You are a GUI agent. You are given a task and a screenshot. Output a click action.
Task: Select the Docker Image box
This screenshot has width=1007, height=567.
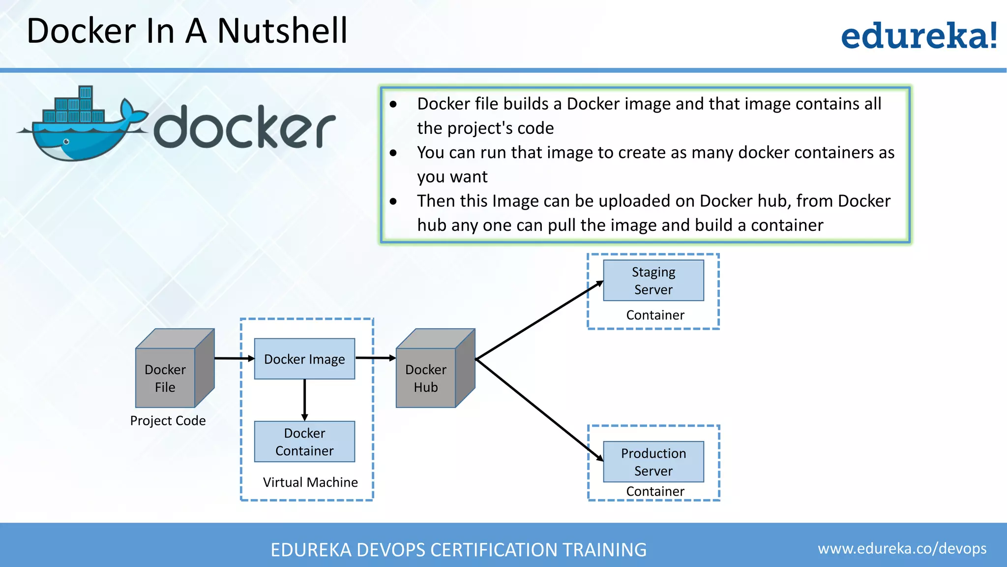coord(304,359)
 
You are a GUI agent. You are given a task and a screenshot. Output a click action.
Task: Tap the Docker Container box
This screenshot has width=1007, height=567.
coord(304,441)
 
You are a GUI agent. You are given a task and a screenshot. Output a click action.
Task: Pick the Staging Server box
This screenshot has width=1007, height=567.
coord(653,281)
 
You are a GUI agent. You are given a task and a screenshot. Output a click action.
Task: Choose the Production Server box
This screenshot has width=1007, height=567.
coord(653,462)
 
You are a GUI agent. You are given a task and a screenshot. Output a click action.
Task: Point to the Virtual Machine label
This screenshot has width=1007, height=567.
coord(310,482)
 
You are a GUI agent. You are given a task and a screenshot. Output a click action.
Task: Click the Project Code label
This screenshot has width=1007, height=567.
coord(168,421)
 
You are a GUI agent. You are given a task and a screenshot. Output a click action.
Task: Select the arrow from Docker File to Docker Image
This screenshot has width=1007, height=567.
coord(234,358)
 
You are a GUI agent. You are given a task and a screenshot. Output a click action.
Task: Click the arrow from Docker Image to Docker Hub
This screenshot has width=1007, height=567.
coord(375,358)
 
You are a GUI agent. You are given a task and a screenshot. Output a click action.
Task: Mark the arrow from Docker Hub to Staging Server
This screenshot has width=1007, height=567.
coord(539,320)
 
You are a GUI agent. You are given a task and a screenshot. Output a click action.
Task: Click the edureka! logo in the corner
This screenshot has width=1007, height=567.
coord(918,35)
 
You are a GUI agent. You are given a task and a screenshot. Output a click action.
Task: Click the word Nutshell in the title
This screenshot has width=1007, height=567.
coord(282,31)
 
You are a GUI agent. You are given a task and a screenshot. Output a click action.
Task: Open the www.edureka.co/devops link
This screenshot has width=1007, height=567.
coord(902,548)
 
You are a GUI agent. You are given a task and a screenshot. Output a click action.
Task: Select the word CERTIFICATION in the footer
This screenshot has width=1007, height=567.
coord(492,550)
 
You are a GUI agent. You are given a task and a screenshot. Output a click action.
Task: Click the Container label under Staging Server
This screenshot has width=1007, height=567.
coord(655,315)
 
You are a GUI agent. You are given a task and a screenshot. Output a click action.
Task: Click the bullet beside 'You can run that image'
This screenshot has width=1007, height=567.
coord(393,153)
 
